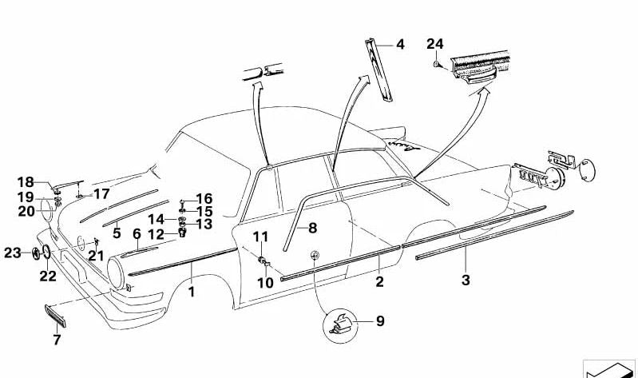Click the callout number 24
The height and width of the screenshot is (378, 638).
click(435, 44)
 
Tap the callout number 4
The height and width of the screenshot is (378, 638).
click(400, 45)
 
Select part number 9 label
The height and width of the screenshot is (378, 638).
click(380, 321)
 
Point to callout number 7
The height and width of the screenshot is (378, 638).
click(57, 340)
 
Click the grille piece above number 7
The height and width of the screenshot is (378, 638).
click(54, 315)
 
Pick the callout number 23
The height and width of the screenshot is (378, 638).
click(12, 253)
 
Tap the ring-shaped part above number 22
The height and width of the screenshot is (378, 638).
click(46, 253)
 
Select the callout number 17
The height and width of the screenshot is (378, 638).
click(101, 194)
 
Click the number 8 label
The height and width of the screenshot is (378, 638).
click(312, 228)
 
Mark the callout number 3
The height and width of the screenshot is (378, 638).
click(466, 280)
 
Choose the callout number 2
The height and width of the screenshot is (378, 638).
click(379, 281)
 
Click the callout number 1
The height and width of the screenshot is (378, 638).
click(191, 292)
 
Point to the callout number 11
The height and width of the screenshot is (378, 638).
click(261, 237)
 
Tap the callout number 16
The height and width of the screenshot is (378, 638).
click(204, 199)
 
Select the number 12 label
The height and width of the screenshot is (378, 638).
click(156, 235)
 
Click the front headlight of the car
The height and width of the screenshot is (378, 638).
click(115, 273)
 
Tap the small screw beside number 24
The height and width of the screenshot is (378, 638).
click(436, 64)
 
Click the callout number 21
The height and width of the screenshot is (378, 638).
click(97, 256)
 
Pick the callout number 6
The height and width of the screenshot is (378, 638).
click(137, 234)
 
